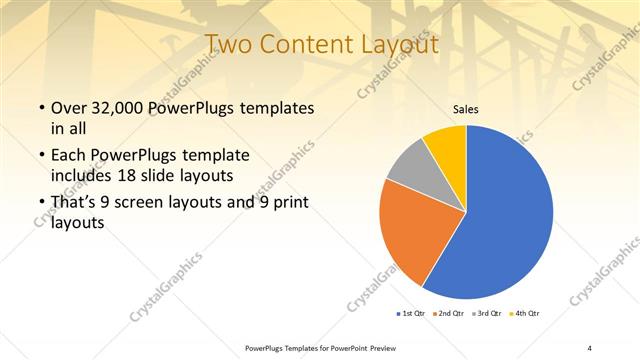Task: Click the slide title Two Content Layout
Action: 320,44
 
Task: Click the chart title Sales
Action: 466,109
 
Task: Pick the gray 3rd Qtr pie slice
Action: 408,171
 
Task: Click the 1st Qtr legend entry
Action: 412,314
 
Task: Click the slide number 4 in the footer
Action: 589,347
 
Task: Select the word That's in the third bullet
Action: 74,204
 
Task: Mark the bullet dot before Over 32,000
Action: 40,108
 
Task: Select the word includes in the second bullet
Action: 84,176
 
